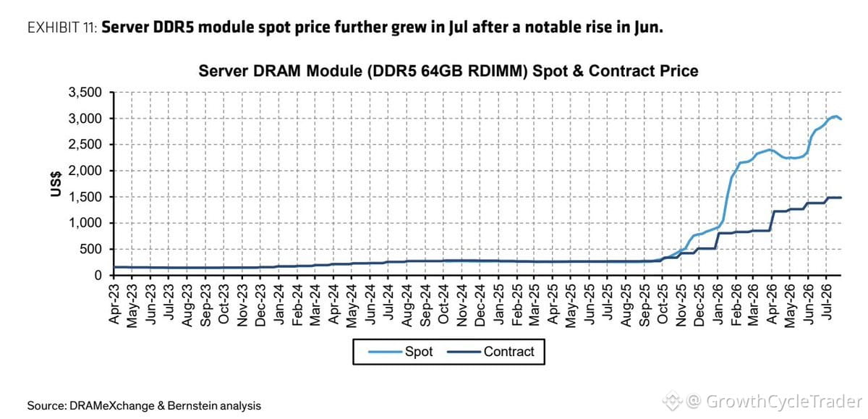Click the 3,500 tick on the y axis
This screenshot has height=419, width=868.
click(85, 92)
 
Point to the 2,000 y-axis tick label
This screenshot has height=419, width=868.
click(85, 171)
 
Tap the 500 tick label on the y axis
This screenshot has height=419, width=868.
click(90, 249)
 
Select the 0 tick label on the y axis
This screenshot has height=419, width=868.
click(98, 276)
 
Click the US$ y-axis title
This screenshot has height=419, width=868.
click(56, 184)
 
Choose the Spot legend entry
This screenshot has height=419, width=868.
click(400, 352)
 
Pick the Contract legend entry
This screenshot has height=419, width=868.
click(490, 352)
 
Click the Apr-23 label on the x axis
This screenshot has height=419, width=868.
click(114, 304)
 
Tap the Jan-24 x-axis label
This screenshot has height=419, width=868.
click(278, 304)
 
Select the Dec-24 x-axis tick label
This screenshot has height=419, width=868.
click(480, 305)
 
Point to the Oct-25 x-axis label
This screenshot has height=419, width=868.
click(663, 304)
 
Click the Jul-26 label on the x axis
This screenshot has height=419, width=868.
click(827, 302)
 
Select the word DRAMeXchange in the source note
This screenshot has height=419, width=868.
click(112, 406)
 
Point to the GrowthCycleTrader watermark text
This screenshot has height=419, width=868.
click(783, 402)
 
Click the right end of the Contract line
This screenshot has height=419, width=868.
click(841, 198)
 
